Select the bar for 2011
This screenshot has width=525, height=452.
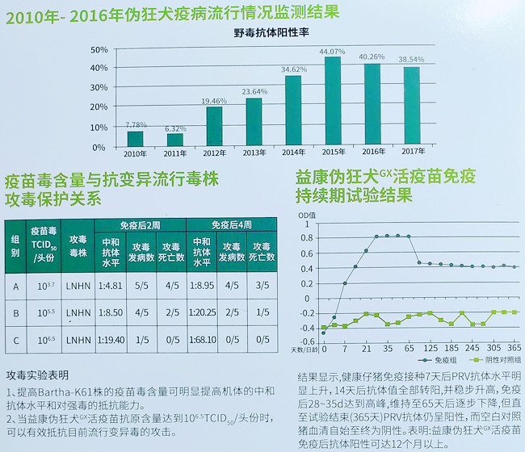click(174, 140)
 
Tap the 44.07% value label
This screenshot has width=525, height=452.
click(332, 52)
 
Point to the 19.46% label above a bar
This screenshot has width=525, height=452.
click(214, 102)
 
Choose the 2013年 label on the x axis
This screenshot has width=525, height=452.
click(253, 153)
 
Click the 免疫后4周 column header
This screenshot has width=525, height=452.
click(233, 224)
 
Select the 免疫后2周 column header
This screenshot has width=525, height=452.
click(141, 224)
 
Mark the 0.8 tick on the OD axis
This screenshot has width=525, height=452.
click(309, 237)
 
